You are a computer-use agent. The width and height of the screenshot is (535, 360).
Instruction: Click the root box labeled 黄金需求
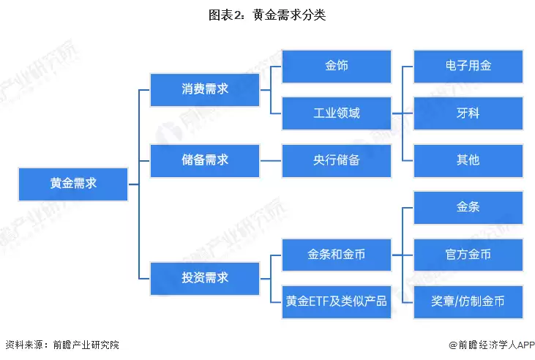tap(73, 184)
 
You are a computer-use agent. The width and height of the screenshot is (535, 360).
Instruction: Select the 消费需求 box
tap(205, 89)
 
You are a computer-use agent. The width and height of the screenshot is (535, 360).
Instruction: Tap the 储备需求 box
tap(205, 160)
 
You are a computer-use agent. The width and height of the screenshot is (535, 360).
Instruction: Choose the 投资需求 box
tap(205, 278)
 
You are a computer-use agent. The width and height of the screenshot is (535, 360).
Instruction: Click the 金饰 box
tap(337, 66)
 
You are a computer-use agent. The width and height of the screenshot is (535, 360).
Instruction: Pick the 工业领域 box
tap(337, 113)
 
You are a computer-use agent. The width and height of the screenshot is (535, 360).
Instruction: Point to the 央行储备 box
tap(337, 160)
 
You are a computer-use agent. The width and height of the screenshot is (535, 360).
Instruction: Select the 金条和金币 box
tap(337, 255)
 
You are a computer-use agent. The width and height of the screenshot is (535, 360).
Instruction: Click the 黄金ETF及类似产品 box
tap(337, 301)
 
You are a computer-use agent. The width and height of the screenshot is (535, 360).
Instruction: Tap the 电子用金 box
tap(468, 66)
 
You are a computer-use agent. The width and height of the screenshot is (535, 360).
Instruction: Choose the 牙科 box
tap(468, 113)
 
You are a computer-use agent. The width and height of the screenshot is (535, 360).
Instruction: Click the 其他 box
tap(468, 160)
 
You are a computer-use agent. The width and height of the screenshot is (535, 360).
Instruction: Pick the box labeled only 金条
tap(468, 208)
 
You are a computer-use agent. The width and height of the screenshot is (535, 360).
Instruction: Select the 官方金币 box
tap(468, 255)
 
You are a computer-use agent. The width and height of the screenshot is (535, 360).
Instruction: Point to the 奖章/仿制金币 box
tap(468, 301)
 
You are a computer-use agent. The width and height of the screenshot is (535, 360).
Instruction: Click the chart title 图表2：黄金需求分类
tap(267, 15)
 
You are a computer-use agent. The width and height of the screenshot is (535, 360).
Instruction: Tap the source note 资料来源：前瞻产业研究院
tap(61, 345)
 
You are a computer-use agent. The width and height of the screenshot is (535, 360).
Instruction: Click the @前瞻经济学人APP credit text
tap(487, 345)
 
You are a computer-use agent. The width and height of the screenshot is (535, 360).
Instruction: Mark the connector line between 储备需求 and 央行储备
tap(271, 160)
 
